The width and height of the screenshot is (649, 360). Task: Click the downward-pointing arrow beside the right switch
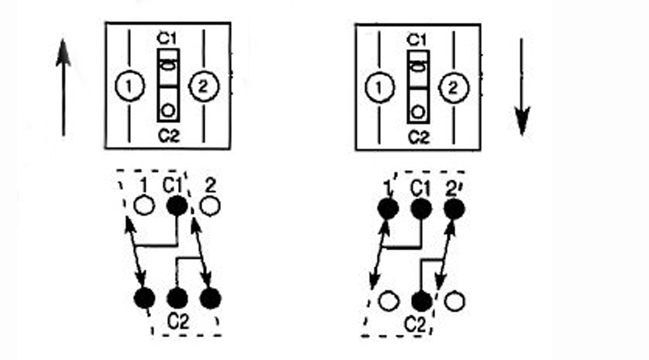coord(522,87)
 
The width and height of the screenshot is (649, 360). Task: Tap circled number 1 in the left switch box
coord(129,86)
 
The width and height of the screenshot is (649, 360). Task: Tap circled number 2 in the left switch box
coord(204,86)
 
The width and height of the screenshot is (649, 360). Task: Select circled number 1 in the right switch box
coord(380,88)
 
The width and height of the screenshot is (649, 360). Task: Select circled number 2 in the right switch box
coord(454,88)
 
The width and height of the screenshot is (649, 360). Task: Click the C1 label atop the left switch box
coord(167,39)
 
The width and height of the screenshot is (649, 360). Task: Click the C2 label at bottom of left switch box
coord(169,136)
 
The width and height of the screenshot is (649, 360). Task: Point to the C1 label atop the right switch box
coord(417,40)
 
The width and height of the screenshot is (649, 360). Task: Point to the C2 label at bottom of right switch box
coord(419,137)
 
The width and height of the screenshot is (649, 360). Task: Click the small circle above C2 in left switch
coord(168,111)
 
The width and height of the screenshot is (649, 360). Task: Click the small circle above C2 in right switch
coord(418,112)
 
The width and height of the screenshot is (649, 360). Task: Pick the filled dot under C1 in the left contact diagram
coord(177,206)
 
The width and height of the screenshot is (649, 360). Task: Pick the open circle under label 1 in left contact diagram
coord(144,206)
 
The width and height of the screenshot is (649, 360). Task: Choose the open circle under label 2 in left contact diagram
coord(210,206)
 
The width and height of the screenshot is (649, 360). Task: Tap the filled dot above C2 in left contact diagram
coord(177,298)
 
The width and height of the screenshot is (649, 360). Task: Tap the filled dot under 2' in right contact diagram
coord(454,208)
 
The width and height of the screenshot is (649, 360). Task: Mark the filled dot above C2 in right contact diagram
coord(422,301)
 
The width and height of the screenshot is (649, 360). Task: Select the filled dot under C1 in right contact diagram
coord(421,208)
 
